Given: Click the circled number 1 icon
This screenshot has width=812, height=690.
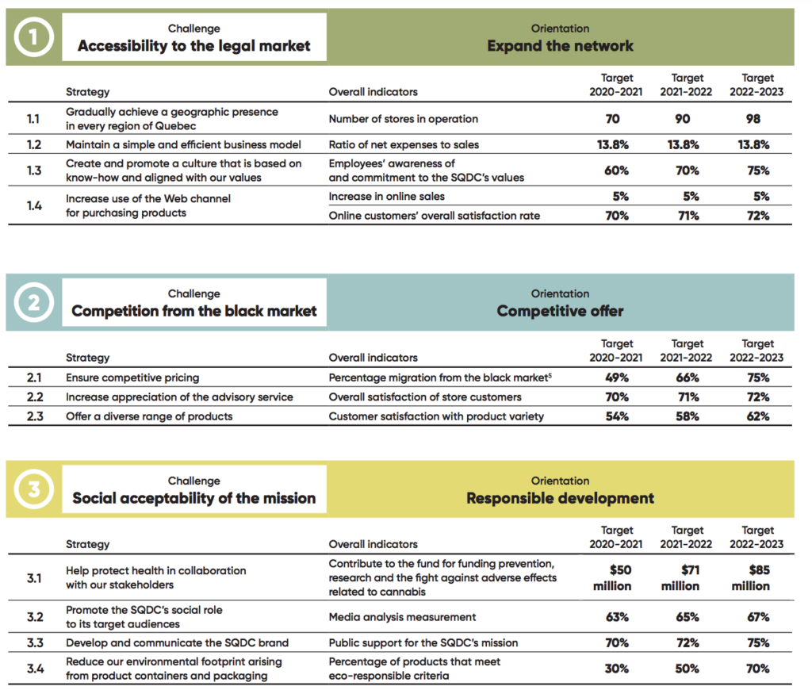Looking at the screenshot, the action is pyautogui.click(x=33, y=37).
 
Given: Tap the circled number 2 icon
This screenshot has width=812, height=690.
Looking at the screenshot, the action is pyautogui.click(x=33, y=302).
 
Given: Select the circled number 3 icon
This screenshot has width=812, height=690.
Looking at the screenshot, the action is pyautogui.click(x=33, y=489).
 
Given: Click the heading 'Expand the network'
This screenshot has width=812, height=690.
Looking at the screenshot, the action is pyautogui.click(x=560, y=46).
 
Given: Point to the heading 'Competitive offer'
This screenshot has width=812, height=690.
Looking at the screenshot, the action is pyautogui.click(x=560, y=312).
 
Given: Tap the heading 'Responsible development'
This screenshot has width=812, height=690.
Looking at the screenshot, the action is pyautogui.click(x=560, y=498).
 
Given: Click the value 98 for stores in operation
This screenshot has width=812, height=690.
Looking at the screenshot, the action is pyautogui.click(x=753, y=119).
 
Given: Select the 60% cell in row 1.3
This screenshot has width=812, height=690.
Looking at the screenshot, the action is pyautogui.click(x=616, y=171).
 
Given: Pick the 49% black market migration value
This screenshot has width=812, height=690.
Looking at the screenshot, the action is pyautogui.click(x=617, y=378).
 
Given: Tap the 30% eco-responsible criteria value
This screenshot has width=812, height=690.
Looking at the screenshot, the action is pyautogui.click(x=616, y=669).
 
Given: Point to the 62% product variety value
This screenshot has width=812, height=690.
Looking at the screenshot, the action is pyautogui.click(x=758, y=416).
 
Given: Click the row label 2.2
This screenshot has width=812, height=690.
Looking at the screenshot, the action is pyautogui.click(x=35, y=397).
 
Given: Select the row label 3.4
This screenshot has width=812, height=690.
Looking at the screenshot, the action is pyautogui.click(x=35, y=669).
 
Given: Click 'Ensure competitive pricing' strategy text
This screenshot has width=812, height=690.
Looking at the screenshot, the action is pyautogui.click(x=132, y=378).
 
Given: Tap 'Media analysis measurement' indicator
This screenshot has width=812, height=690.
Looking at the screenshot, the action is pyautogui.click(x=402, y=617).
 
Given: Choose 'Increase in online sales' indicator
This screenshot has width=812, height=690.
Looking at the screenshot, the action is pyautogui.click(x=387, y=197).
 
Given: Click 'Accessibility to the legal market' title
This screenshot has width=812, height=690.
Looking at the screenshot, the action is pyautogui.click(x=194, y=46).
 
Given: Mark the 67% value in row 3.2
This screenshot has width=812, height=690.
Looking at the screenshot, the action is pyautogui.click(x=758, y=617).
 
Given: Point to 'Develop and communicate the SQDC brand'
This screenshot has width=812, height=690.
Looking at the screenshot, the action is pyautogui.click(x=177, y=643).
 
